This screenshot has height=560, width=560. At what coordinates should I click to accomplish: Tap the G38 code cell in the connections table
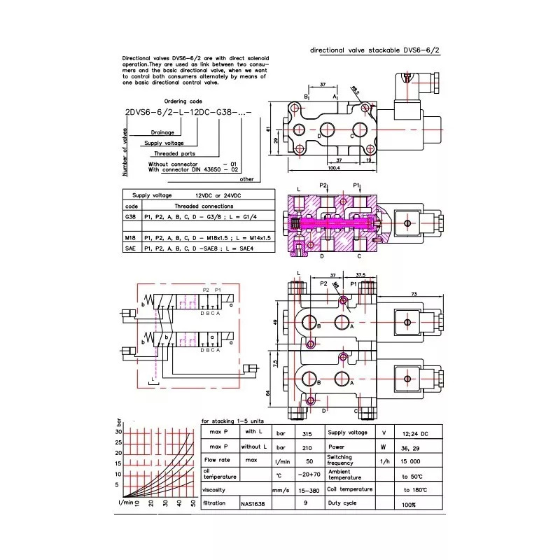point(131,217)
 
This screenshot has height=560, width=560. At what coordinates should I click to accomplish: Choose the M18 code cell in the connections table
point(131,238)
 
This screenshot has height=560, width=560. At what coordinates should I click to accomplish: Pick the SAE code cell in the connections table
point(131,248)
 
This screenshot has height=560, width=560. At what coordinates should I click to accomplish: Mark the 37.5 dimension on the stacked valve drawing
point(363,274)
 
